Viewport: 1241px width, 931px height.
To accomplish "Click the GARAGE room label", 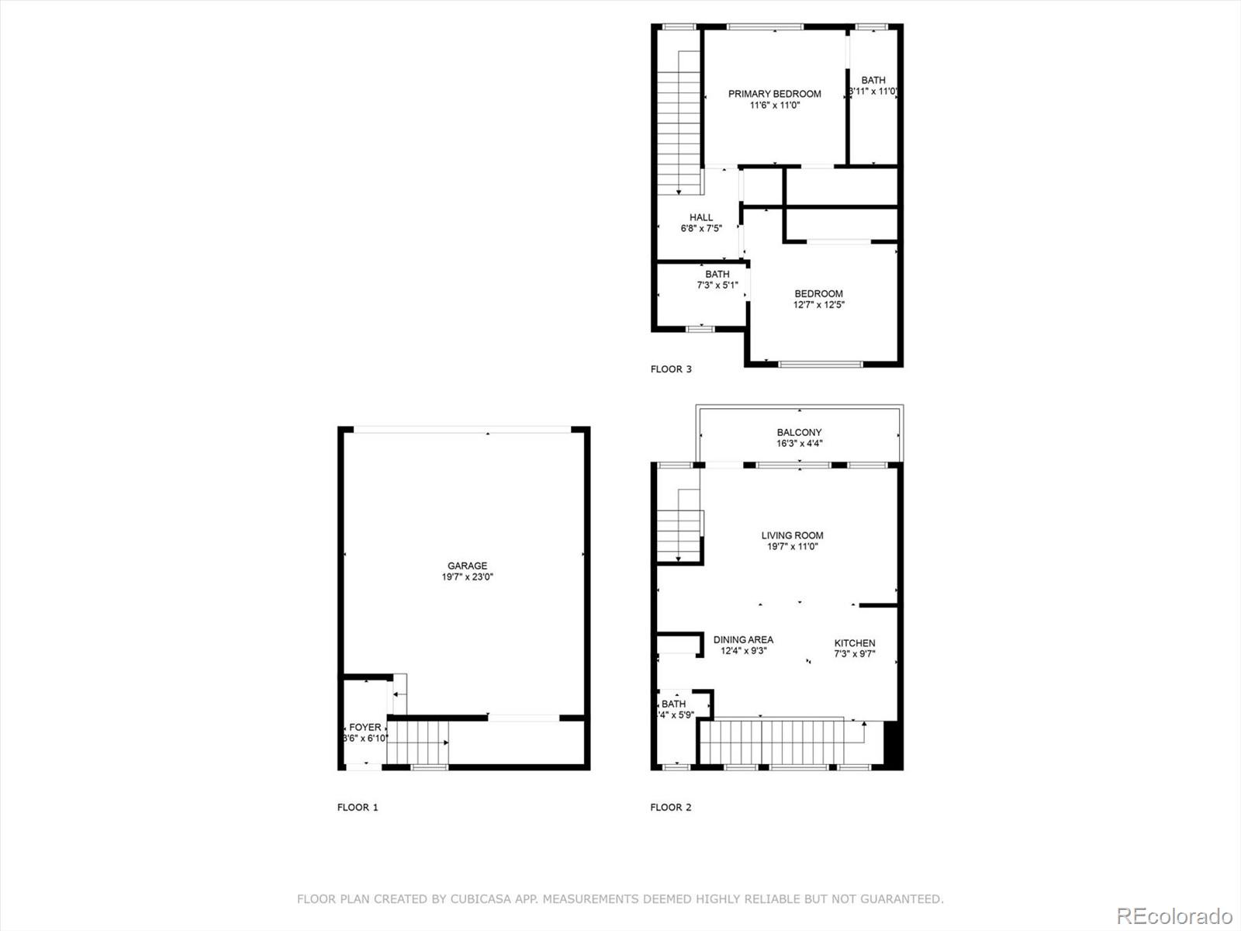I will [x=467, y=566].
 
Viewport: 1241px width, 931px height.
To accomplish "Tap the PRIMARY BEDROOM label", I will [x=774, y=94].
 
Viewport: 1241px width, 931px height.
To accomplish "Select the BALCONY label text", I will [x=799, y=432].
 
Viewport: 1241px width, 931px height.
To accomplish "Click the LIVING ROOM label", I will [x=792, y=535].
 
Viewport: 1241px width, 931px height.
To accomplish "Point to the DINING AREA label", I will [x=743, y=639].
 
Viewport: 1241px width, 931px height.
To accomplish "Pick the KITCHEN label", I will [x=854, y=642].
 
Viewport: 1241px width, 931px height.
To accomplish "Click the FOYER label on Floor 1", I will [x=365, y=727].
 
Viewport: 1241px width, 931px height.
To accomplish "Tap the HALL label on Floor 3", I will [x=700, y=217].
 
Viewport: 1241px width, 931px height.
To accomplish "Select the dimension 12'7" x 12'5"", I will [x=818, y=305].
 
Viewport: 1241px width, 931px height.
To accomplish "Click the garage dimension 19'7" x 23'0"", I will [x=467, y=577].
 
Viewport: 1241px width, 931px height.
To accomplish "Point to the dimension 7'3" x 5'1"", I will [x=717, y=286].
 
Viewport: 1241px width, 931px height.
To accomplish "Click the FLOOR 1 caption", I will [x=358, y=807].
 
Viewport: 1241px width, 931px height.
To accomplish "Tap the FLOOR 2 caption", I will [x=670, y=807].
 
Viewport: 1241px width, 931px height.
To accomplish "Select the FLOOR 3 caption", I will [x=670, y=369].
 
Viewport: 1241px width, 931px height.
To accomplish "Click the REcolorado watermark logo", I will [x=1174, y=915].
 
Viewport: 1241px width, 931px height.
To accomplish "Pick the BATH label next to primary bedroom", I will [x=873, y=80].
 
